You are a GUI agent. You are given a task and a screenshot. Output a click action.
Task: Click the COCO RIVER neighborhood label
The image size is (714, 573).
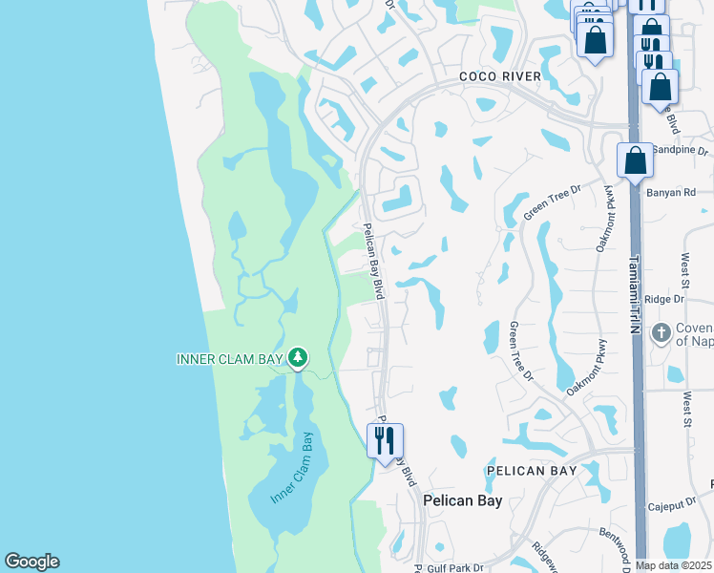tap(499, 76)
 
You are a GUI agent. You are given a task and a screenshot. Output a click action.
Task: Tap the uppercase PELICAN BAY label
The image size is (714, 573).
tap(532, 471)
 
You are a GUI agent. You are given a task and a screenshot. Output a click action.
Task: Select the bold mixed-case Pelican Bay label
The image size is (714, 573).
tap(462, 500)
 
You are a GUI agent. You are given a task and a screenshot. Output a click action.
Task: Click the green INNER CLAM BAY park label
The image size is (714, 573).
tap(230, 359)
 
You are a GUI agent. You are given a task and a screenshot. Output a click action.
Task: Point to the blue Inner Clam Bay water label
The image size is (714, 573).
tap(293, 470)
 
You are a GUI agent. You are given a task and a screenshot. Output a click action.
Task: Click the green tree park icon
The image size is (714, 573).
tap(299, 358)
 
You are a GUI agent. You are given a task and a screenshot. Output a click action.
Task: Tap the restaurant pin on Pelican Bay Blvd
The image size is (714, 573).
tap(386, 441)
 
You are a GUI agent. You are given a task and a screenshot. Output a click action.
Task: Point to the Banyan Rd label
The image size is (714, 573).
tap(677, 192)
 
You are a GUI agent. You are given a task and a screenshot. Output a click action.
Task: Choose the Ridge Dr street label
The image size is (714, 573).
tap(664, 299)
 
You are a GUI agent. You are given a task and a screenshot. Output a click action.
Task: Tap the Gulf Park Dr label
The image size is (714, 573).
tap(456, 567)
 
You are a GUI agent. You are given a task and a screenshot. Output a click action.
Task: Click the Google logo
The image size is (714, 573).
tap(31, 562)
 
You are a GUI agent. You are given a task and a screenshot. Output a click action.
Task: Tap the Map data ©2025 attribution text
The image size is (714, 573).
tap(674, 565)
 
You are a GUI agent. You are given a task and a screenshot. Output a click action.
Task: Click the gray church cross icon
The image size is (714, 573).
tap(661, 333)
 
